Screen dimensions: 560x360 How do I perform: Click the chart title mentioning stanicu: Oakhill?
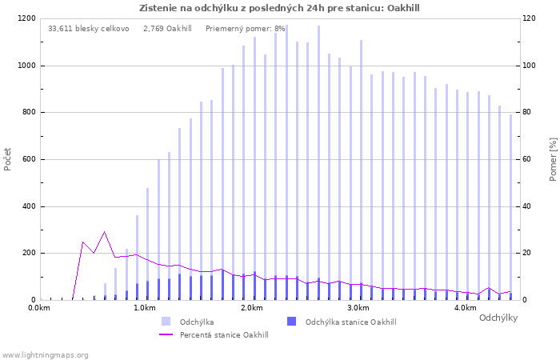pos(279,8)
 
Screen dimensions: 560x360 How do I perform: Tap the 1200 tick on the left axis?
pos(26,18)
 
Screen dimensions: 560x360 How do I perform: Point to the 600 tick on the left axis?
pos(29,159)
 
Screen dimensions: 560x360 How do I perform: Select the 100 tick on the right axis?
pos(530,66)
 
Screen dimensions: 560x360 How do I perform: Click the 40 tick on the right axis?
pos(526,206)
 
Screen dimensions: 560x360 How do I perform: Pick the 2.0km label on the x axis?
pos(252,308)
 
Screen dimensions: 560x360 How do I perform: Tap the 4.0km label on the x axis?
pos(466,308)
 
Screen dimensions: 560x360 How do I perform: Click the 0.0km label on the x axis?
pos(39,308)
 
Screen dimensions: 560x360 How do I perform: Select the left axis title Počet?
pos(7,159)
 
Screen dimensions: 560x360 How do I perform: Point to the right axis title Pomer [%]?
pos(553,159)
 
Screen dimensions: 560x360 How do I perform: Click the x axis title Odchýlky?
pos(498,318)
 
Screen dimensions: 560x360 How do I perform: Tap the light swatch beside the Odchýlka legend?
pos(166,322)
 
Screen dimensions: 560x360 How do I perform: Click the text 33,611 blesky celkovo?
pos(89,29)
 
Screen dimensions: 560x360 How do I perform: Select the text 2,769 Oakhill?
pos(167,29)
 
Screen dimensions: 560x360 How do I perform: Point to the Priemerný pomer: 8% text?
pos(246,29)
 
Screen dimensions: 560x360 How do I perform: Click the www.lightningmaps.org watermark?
pos(45,355)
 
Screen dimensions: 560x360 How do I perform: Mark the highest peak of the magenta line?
pos(105,232)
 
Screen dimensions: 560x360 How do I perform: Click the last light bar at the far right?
pos(510,207)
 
